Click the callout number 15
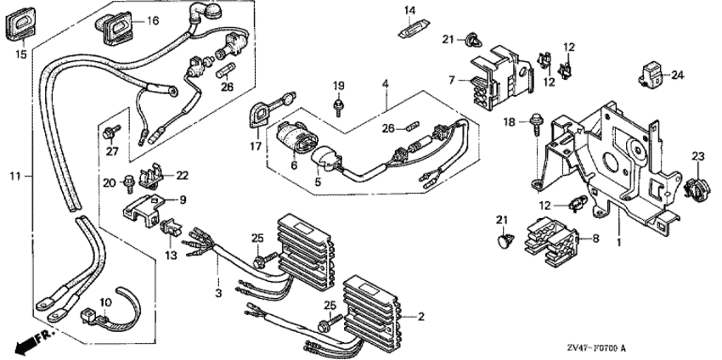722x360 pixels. coord(20,54)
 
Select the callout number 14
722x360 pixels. coord(409,10)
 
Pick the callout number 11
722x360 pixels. coord(15,176)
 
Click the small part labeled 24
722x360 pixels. coord(651,75)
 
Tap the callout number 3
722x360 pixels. coord(218,293)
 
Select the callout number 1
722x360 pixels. coord(619,242)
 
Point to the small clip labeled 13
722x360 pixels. coord(171,228)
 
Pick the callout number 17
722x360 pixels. coord(256,146)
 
